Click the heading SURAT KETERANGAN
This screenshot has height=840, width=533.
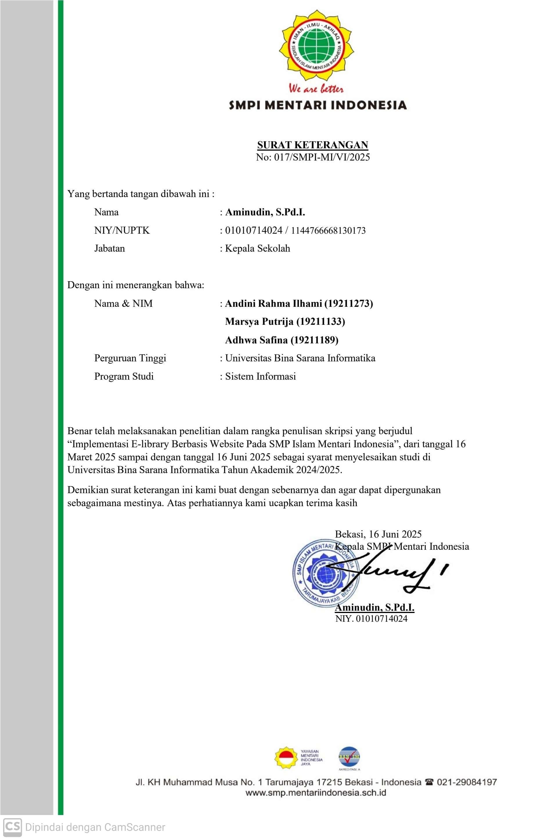click(313, 145)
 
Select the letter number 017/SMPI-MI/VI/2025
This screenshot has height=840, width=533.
click(322, 157)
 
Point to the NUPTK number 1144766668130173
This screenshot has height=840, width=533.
click(328, 230)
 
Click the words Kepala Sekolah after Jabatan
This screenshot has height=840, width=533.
click(258, 248)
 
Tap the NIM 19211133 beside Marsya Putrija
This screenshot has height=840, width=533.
click(320, 322)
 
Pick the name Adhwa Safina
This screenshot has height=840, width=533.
click(256, 340)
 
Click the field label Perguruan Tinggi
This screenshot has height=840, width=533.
click(130, 358)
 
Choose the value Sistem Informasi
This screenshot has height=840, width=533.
click(260, 376)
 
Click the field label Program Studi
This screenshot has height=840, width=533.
click(124, 376)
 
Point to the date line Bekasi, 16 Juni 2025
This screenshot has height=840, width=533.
click(378, 534)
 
